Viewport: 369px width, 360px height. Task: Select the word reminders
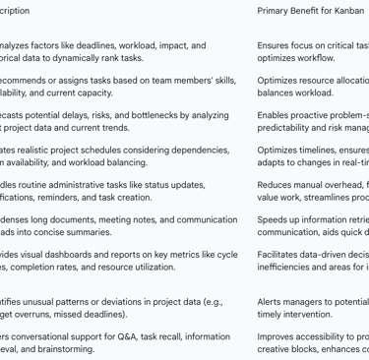65,198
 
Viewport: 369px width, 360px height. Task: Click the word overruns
36,315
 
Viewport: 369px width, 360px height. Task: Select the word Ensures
275,45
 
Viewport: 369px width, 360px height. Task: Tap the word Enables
275,115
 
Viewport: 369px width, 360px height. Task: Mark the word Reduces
276,185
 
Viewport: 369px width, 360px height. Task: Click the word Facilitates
279,255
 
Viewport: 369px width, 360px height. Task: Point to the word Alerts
271,302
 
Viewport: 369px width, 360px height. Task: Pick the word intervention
307,315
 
